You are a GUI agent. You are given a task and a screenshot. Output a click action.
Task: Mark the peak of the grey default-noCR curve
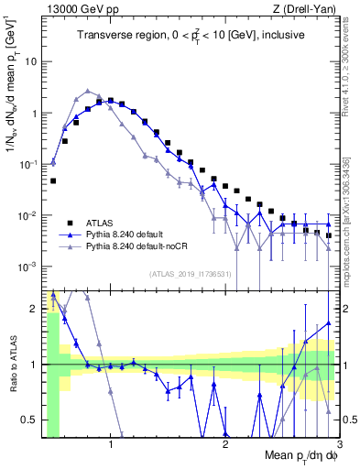tap(87, 91)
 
